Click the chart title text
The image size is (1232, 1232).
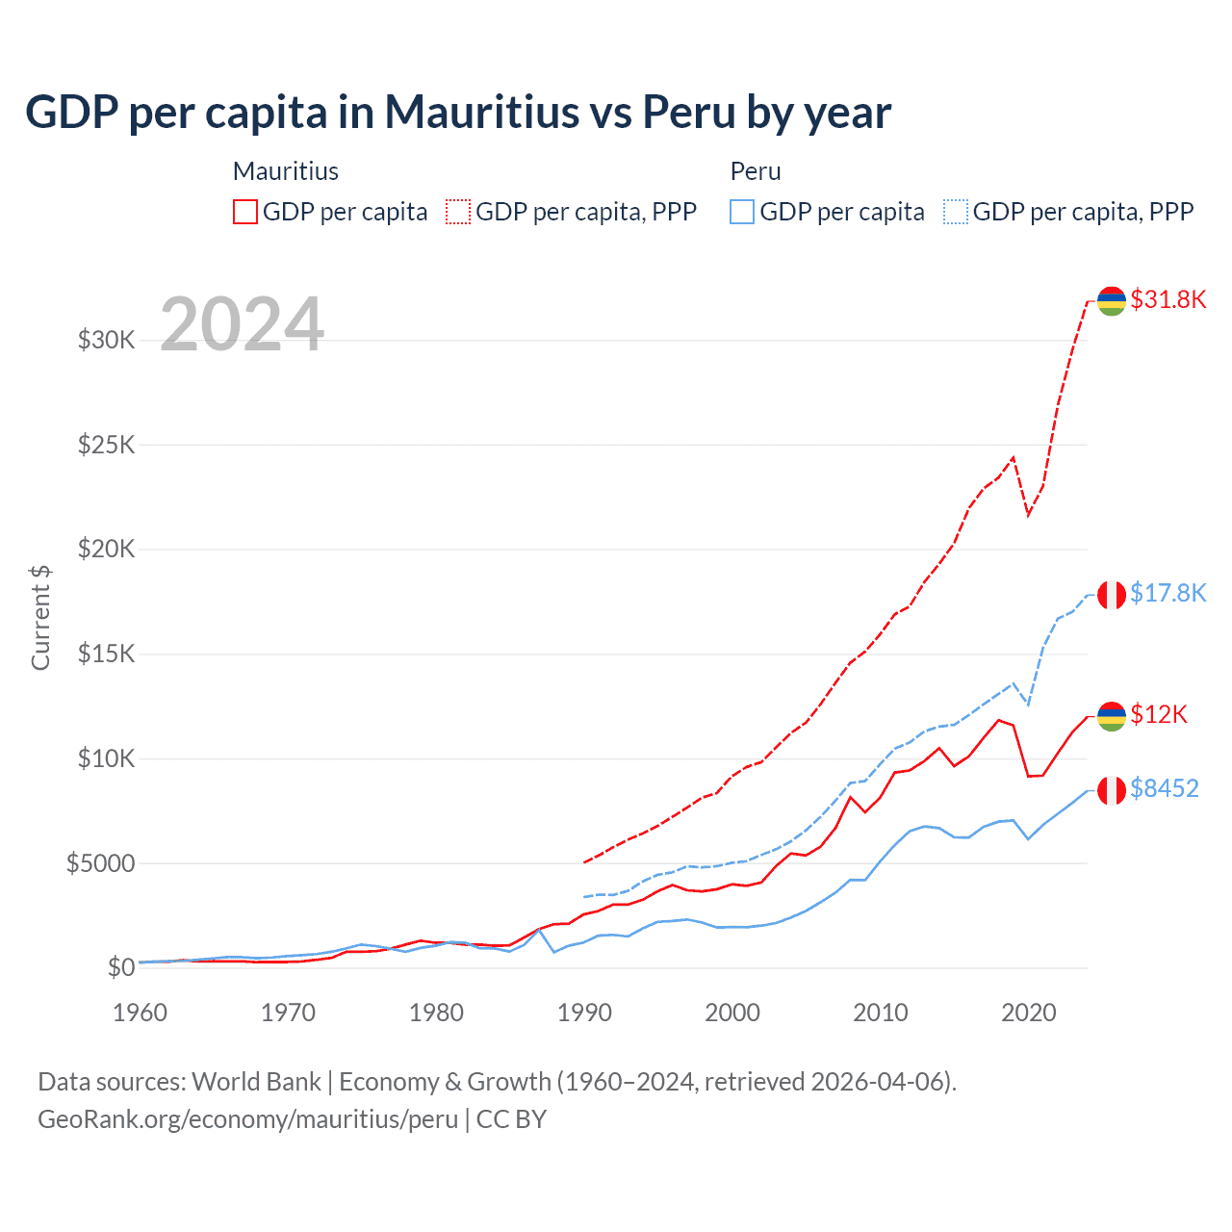(x=458, y=113)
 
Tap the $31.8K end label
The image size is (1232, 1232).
(x=1168, y=299)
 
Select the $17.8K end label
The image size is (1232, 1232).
(x=1168, y=593)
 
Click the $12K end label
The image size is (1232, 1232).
(x=1158, y=714)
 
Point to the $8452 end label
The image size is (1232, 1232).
(x=1164, y=788)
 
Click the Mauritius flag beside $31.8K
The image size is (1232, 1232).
(x=1112, y=301)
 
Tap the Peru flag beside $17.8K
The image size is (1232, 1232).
(x=1112, y=595)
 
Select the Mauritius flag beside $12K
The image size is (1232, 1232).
(x=1112, y=716)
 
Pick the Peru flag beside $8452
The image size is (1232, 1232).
(x=1112, y=790)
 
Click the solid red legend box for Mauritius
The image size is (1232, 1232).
(x=245, y=212)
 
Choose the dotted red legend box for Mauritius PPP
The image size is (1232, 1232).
(x=458, y=212)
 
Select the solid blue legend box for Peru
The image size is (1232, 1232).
(x=742, y=212)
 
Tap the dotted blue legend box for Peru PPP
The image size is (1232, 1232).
(x=956, y=212)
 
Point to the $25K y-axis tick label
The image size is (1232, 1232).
(x=106, y=445)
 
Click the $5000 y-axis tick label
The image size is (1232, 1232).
(x=100, y=863)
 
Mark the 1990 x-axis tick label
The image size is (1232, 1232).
(x=584, y=1013)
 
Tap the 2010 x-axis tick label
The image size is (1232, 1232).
(x=881, y=1013)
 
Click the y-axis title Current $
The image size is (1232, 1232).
(x=40, y=618)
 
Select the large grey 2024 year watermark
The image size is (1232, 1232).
(x=242, y=324)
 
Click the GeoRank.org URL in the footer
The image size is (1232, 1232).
(x=247, y=1119)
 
